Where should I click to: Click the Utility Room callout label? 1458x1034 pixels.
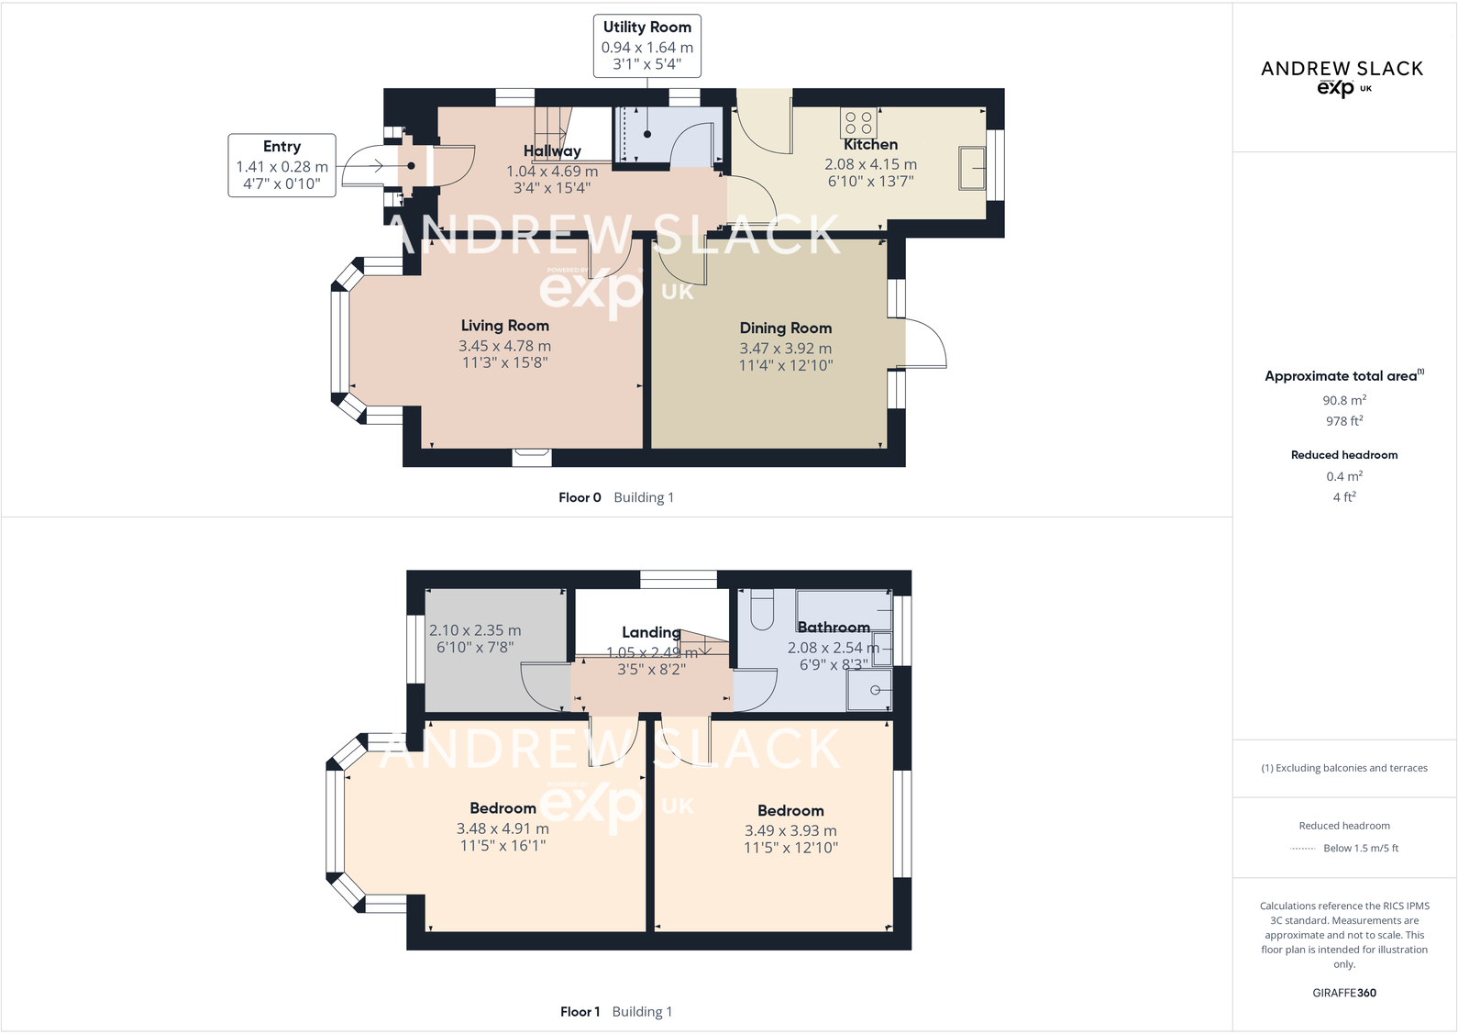[646, 28]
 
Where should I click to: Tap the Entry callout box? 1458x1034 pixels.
[282, 165]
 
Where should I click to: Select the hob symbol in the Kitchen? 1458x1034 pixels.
[858, 123]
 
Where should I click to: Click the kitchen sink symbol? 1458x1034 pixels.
[972, 168]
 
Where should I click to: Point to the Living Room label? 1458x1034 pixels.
[504, 326]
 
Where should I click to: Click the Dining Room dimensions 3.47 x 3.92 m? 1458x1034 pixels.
[785, 349]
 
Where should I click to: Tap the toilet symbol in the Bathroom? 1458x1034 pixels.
[762, 609]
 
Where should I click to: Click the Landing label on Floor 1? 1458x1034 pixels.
[651, 632]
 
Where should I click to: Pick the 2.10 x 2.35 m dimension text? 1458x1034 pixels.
[475, 630]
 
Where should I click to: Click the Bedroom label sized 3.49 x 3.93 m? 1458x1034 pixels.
[790, 811]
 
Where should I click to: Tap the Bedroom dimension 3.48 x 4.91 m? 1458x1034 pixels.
[503, 828]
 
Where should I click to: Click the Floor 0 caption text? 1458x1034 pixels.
[580, 497]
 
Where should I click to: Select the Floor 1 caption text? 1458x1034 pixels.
[580, 1012]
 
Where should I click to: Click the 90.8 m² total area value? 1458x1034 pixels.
[1343, 400]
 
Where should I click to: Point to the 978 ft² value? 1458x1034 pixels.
[1343, 421]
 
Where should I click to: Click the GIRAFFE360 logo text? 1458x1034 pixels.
[1343, 993]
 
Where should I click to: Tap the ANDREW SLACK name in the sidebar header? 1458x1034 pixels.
[1342, 69]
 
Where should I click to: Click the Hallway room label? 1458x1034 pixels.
[552, 151]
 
